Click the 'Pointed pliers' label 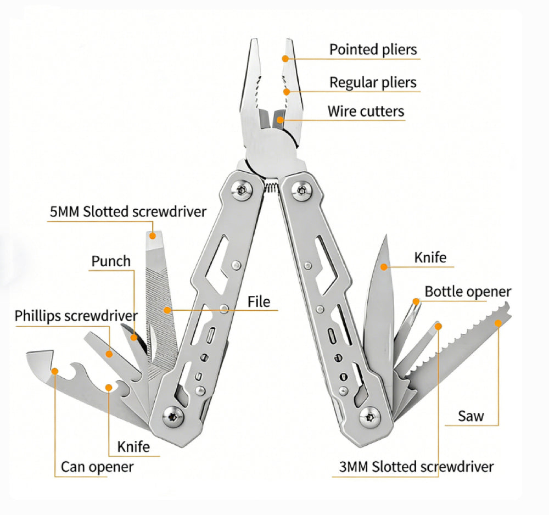tap(373, 49)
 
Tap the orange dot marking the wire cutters tap(279, 119)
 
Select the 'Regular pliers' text tap(373, 83)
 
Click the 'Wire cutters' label tap(366, 111)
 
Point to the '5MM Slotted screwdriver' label tap(127, 211)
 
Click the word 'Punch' tap(111, 261)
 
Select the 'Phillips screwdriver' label tap(76, 316)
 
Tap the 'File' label tap(259, 301)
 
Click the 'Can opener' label tap(97, 467)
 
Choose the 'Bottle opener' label tap(468, 292)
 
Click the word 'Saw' tap(471, 416)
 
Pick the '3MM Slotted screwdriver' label tap(416, 467)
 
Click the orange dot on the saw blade tap(498, 323)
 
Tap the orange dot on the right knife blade tap(384, 267)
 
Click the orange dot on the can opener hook tap(54, 371)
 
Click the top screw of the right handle tap(300, 191)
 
